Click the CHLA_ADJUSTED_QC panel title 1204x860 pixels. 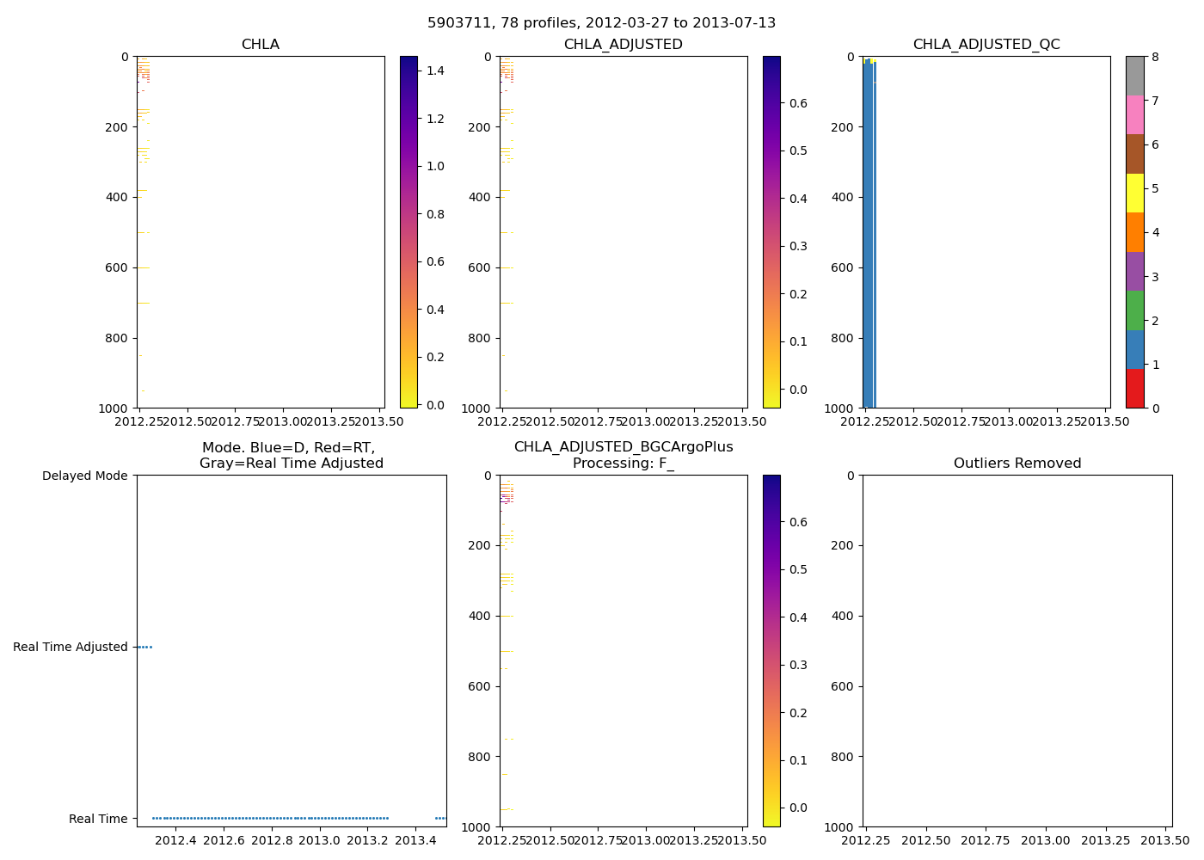986,45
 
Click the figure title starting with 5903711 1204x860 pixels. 601,23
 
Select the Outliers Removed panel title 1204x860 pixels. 1017,464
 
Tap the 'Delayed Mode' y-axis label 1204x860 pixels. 84,476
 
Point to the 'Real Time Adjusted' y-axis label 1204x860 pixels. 71,647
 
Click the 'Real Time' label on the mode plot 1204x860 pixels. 98,819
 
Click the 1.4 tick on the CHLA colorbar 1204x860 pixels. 436,71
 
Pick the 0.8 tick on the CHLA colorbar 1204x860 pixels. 436,214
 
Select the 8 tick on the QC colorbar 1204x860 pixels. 1156,57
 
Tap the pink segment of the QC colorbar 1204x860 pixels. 1134,115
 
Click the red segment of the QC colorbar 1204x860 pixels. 1134,388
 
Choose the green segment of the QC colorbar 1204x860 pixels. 1134,310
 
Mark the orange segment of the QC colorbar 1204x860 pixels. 1134,232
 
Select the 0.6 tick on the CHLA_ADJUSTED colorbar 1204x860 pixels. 798,103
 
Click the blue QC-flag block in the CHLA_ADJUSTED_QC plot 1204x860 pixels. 869,232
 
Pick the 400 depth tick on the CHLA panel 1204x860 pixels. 118,197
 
